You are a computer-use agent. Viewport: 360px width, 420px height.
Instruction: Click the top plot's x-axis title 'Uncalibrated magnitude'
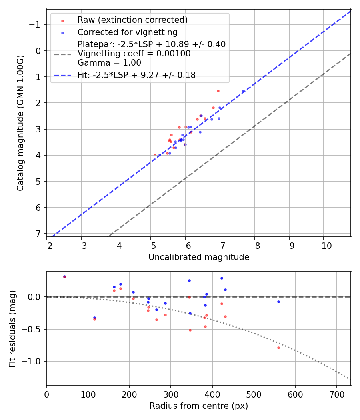(x=199, y=257)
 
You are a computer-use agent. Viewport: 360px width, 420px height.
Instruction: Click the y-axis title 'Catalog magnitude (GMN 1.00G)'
(x=20, y=123)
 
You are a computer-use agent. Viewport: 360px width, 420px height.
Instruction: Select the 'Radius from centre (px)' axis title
(x=199, y=406)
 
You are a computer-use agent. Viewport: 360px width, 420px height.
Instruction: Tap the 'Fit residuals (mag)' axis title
(x=12, y=328)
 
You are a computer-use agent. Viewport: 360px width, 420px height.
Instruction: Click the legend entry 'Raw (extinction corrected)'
(x=132, y=20)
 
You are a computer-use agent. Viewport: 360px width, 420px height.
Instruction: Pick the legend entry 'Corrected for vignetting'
(x=127, y=32)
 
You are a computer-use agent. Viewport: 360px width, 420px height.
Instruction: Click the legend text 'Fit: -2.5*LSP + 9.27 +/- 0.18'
(x=136, y=75)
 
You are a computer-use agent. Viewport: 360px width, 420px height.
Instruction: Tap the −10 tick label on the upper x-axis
(x=323, y=246)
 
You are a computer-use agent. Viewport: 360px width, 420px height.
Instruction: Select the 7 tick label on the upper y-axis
(x=39, y=234)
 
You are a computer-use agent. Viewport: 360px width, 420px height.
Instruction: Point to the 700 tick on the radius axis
(x=336, y=394)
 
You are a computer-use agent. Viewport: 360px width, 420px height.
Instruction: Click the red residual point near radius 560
(x=278, y=348)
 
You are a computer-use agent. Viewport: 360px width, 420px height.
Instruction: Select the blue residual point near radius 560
(x=278, y=302)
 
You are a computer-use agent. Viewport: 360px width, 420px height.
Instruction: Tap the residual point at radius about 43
(x=64, y=277)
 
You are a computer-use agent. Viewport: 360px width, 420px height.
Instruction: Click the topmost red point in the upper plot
(x=218, y=91)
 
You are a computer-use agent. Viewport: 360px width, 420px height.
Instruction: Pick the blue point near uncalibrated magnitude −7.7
(x=243, y=91)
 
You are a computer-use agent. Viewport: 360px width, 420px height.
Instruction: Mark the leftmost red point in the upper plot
(x=155, y=155)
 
